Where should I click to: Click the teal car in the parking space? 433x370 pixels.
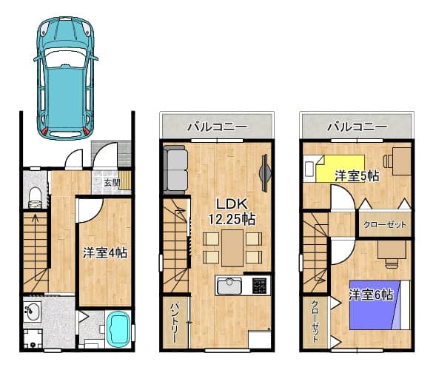[65, 78]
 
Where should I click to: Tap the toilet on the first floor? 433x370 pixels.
[35, 197]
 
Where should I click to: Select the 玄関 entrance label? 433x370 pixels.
[112, 183]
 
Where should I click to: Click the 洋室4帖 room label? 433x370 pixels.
[105, 252]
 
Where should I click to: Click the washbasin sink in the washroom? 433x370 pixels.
[32, 312]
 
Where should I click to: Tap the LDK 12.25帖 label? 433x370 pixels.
[232, 212]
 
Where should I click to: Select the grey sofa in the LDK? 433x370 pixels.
[175, 169]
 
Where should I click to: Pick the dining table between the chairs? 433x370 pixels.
[232, 248]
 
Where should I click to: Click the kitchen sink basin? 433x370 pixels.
[229, 286]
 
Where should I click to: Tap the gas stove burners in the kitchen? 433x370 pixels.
[259, 286]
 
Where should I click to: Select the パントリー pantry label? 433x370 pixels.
[175, 323]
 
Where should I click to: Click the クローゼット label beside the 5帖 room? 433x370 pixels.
[385, 224]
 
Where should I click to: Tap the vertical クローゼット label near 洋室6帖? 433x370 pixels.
[315, 321]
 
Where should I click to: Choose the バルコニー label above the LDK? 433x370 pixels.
[218, 127]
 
